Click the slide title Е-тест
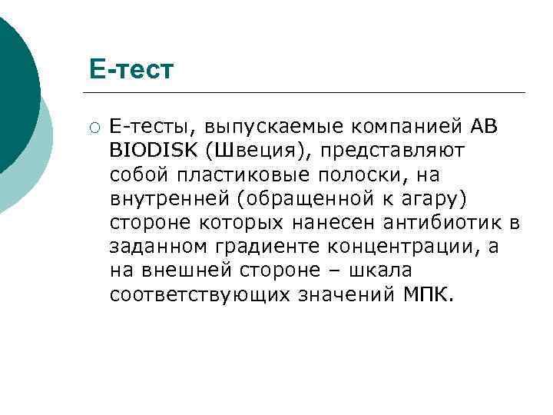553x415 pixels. [131, 70]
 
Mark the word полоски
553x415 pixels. [384, 175]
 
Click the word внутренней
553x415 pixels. [169, 200]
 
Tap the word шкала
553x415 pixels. [380, 271]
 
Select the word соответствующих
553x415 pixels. [196, 295]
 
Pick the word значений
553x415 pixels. [343, 295]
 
